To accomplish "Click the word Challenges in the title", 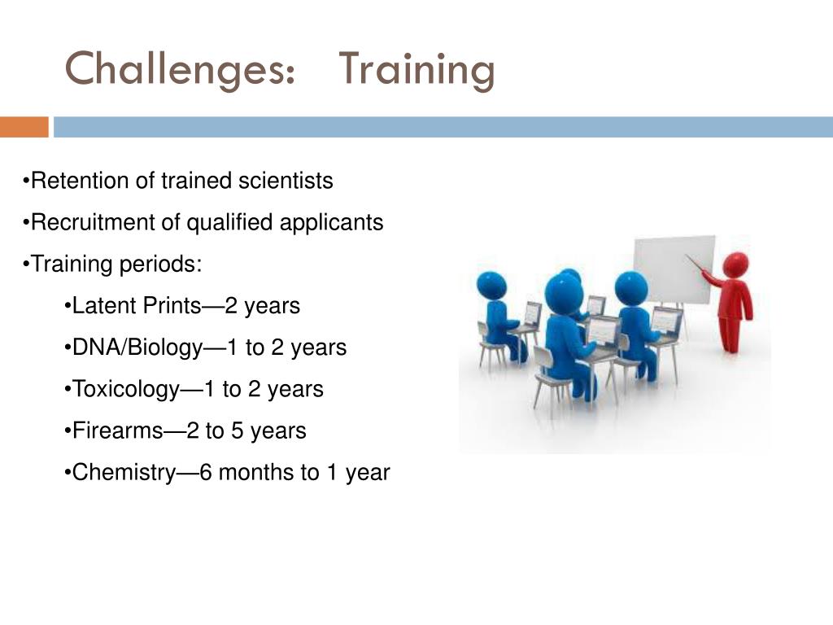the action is [180, 70].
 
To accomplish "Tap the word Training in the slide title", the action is [416, 70].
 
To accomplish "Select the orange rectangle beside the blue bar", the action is [24, 127].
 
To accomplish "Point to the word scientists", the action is [286, 181].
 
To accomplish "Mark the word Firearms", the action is [117, 431].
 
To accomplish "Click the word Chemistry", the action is [124, 473].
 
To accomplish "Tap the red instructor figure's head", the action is [735, 264].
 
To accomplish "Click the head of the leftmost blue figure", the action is [491, 286].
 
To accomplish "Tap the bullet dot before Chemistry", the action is [67, 473].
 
